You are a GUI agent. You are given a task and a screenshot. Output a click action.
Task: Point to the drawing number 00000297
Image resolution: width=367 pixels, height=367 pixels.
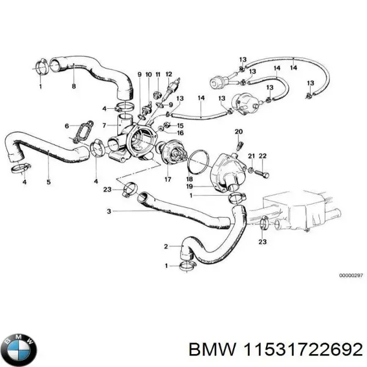click(x=350, y=275)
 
